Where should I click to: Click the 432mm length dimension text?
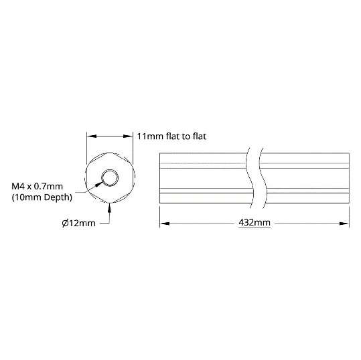(x=255, y=223)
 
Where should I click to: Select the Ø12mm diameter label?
(x=79, y=223)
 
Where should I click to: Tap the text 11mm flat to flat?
(x=171, y=137)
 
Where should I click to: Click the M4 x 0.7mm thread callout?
(x=37, y=186)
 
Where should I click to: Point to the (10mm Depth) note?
(x=42, y=197)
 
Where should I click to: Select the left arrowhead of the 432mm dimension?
(x=165, y=223)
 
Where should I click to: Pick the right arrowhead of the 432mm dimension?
(x=344, y=223)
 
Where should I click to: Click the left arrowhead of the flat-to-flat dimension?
(x=92, y=137)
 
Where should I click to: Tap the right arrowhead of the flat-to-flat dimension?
(x=128, y=137)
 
